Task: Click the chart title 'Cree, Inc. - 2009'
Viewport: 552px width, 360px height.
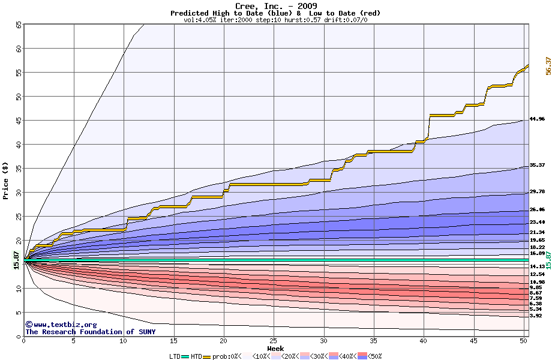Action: click(275, 6)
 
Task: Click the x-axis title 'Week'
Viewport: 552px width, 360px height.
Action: click(275, 348)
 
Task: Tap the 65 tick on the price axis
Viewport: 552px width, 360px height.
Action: click(18, 25)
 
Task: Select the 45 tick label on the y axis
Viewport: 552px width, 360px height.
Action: click(18, 121)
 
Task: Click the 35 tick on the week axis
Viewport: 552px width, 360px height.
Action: click(374, 341)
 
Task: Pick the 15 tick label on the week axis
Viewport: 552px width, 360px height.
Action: click(174, 341)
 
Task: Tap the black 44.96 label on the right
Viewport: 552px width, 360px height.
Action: click(537, 119)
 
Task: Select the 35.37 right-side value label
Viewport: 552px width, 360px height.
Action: click(537, 165)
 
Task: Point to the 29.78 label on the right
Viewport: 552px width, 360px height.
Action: click(537, 191)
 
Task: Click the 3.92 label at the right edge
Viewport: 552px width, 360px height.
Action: click(536, 316)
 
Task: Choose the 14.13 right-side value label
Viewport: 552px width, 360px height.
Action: click(537, 266)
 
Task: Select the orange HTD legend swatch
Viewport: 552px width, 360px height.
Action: click(207, 356)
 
